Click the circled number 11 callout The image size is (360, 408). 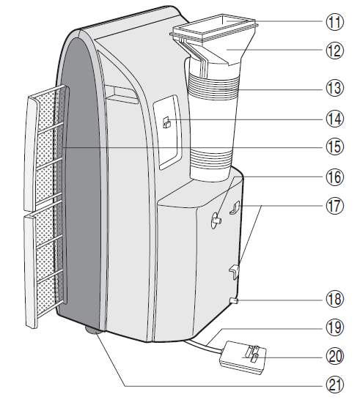point(336,22)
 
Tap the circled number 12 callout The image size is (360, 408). point(336,53)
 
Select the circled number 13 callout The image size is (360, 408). point(336,88)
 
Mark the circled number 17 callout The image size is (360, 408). point(336,207)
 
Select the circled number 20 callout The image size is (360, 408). point(336,355)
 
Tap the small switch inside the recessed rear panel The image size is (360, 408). point(167,123)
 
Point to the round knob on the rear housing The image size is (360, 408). point(218,218)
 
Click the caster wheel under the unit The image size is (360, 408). point(95,331)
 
